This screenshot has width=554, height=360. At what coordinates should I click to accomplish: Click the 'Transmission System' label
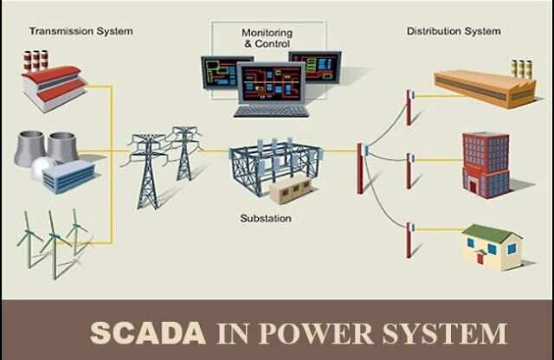pos(81,31)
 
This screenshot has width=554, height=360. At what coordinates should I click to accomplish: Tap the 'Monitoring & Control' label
pos(268,37)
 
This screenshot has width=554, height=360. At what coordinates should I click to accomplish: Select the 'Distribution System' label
pos(454,31)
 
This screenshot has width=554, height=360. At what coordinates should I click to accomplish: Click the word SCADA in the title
pos(148,332)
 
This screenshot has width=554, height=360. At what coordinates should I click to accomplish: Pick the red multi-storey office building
pos(486,162)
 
